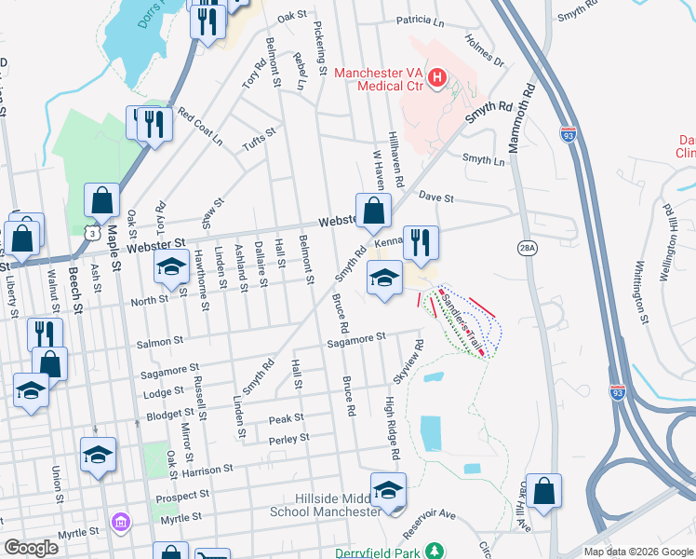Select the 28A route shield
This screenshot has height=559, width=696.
528,246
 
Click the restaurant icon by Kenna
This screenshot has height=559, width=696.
421,243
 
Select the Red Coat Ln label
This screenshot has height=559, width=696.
200,126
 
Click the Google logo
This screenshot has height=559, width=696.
31,548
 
